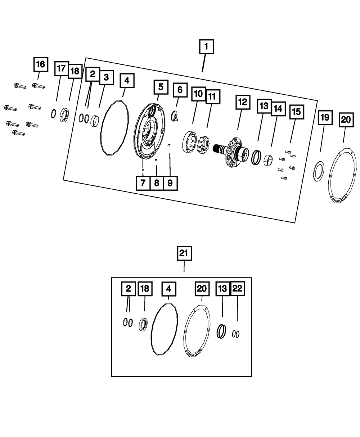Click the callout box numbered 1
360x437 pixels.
206,46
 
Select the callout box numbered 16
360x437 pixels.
41,64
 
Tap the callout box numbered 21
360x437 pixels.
184,253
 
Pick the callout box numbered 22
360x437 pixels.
237,288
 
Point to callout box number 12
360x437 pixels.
243,102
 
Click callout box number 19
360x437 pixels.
325,117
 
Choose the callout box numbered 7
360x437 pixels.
143,183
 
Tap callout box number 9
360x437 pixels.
170,183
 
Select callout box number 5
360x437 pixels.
161,87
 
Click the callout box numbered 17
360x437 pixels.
62,68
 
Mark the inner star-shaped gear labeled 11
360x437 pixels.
203,144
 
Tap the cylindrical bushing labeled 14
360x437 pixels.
268,160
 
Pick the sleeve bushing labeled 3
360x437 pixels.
95,121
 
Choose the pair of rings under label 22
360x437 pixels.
236,334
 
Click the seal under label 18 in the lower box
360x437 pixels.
143,324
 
